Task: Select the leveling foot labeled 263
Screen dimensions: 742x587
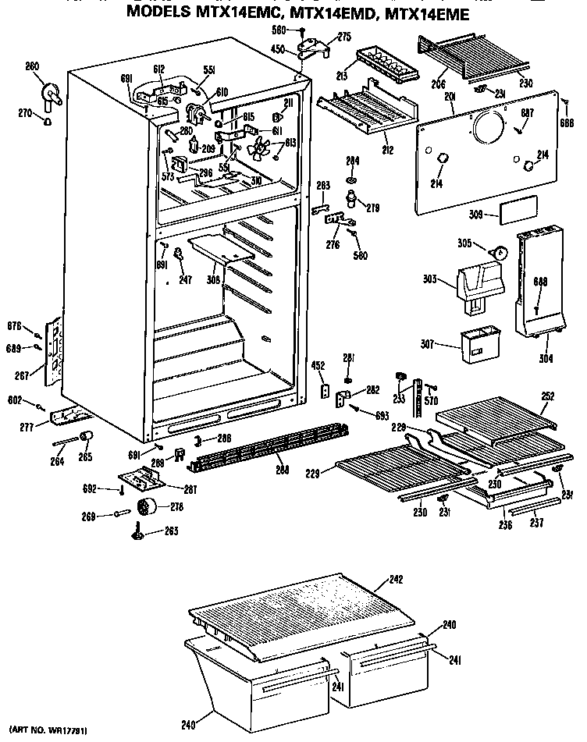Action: [137, 533]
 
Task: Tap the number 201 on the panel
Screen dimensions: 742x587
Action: [450, 96]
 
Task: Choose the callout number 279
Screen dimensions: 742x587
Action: [372, 208]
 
